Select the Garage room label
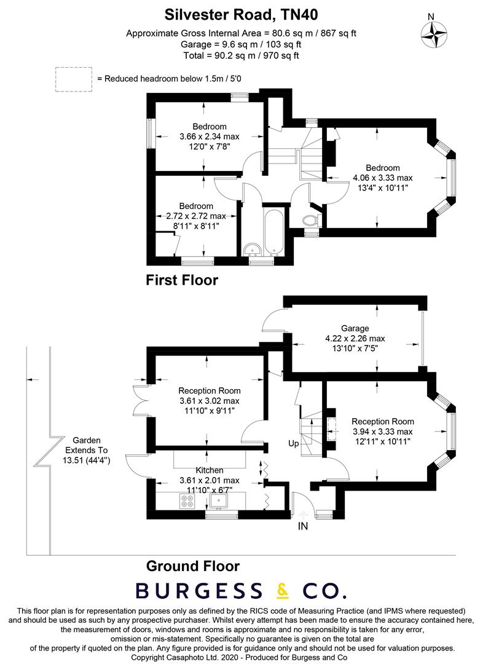click(356, 328)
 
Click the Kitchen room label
click(210, 470)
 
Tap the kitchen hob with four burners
click(187, 501)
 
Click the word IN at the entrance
click(303, 526)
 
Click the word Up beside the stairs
click(293, 443)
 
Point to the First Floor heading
click(182, 280)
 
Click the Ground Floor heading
click(192, 566)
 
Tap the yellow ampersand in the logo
click(283, 591)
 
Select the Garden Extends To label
click(87, 449)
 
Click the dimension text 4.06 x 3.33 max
click(383, 178)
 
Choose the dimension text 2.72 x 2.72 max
click(196, 216)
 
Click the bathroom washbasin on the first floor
click(251, 249)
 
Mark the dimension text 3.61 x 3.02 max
click(209, 401)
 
